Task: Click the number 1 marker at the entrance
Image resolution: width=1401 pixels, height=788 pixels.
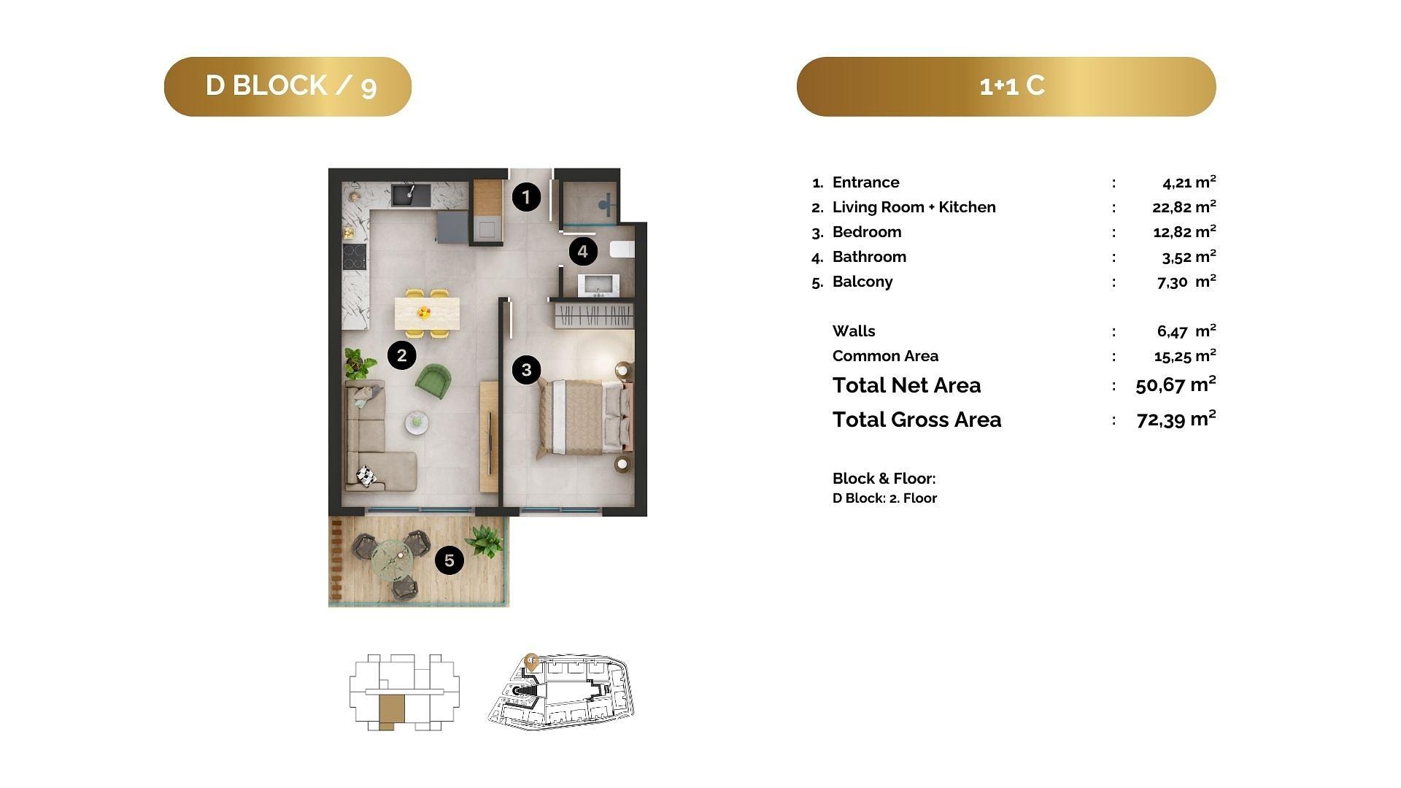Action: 526,197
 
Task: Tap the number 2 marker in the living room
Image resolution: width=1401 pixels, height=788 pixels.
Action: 402,355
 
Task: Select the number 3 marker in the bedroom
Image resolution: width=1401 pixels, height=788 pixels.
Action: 527,370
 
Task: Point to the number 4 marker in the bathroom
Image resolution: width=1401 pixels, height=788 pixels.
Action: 583,252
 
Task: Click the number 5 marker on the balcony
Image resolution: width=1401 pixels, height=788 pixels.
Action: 449,560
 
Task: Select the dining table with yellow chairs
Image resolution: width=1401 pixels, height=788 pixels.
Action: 427,313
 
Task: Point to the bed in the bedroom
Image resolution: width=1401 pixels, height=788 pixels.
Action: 582,417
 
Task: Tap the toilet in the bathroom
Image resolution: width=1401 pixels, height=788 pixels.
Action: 622,250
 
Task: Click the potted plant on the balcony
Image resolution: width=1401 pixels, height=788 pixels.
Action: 484,542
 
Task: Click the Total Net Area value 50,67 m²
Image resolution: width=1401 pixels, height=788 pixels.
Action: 1176,385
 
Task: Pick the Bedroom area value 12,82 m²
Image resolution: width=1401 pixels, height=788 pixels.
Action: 1184,231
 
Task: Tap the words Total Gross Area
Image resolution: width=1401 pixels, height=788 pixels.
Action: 917,420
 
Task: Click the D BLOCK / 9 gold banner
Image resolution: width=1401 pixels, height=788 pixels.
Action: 287,86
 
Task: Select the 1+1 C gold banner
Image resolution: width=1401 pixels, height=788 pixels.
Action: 1006,86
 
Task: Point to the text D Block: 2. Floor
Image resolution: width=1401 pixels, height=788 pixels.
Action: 884,498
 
